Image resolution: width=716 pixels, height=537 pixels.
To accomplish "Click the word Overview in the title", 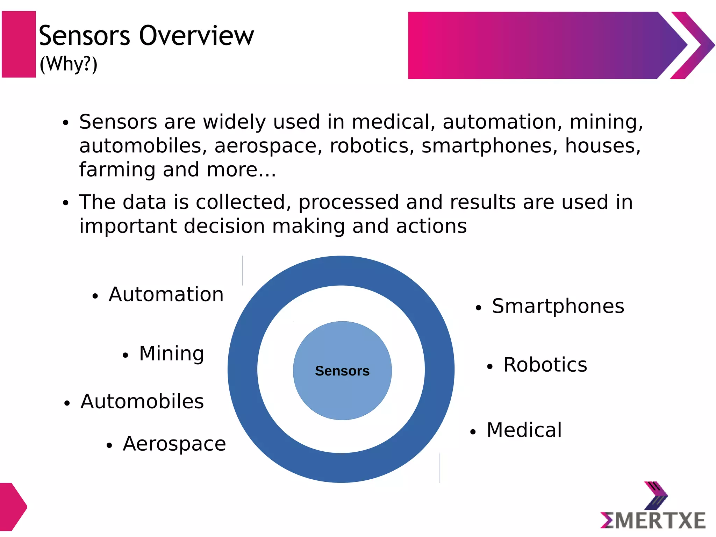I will coord(196,36).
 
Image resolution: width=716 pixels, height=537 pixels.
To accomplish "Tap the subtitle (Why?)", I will coord(69,64).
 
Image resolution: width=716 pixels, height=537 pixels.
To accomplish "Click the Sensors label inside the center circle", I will coord(342,371).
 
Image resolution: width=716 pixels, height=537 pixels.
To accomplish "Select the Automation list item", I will coord(166,294).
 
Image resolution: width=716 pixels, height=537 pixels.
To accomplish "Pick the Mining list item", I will coord(171,353).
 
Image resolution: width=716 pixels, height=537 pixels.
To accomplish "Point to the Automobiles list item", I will coord(142,401).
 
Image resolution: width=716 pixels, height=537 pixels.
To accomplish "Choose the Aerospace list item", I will coord(174,444).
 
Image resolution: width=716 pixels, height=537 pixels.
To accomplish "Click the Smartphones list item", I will coord(558,306).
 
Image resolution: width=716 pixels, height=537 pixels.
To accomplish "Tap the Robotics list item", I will coord(545,365).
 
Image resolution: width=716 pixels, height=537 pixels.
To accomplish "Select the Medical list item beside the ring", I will coord(524,430).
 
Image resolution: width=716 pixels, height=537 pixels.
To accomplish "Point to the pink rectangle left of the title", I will coord(19,44).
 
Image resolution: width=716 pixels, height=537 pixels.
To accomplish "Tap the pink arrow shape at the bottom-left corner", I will coord(12,507).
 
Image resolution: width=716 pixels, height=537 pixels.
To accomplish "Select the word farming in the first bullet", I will coord(117,170).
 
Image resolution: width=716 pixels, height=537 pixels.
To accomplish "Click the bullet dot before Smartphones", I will coord(478,308).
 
